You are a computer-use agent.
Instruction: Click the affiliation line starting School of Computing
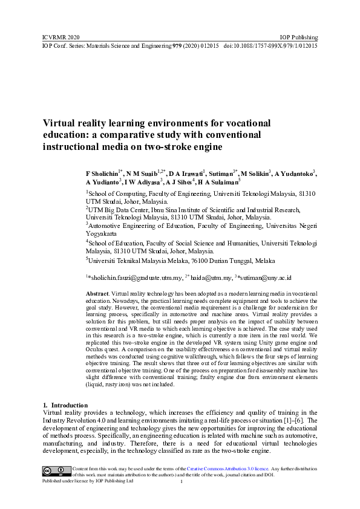[200, 193]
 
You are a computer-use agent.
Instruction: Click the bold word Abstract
[97, 293]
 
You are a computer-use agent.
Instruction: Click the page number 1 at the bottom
[181, 482]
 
